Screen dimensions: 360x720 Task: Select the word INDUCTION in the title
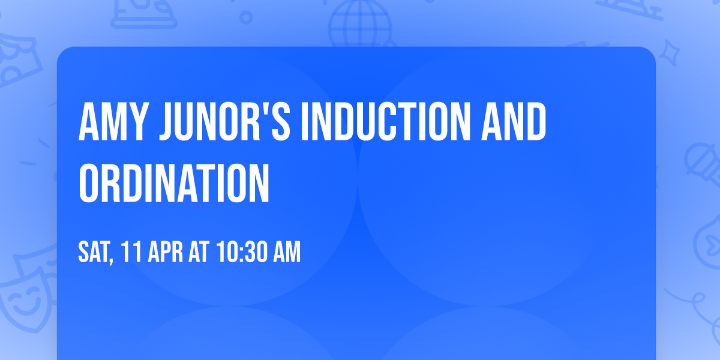383,122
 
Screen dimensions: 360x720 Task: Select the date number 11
131,253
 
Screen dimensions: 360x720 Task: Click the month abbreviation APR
165,253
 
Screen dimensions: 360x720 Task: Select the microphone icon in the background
699,159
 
